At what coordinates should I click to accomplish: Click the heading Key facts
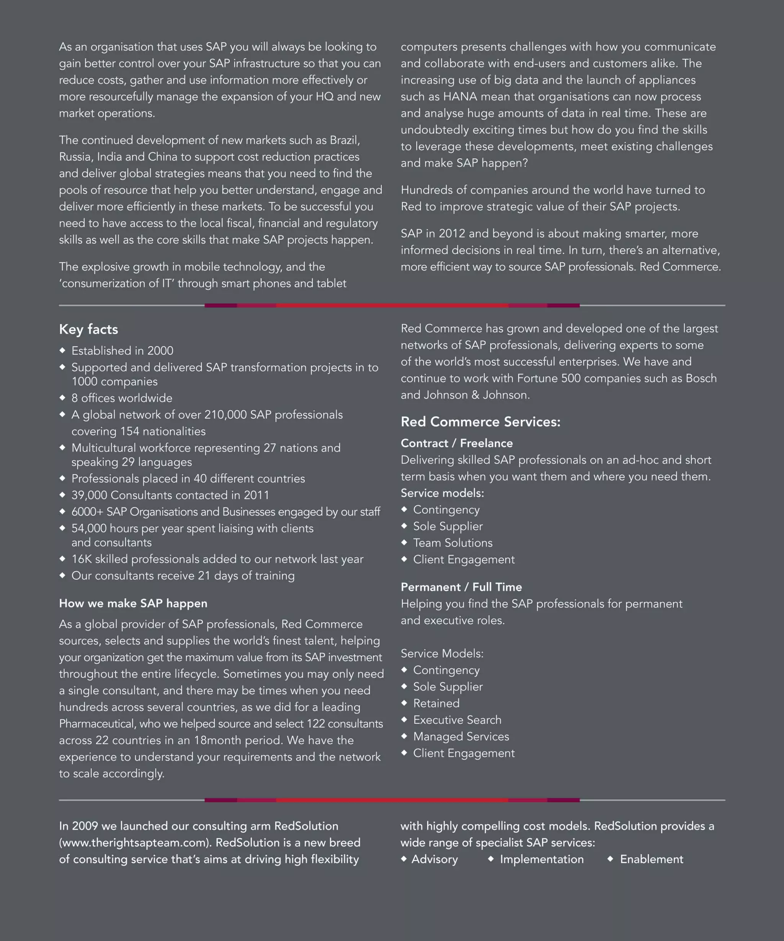88,329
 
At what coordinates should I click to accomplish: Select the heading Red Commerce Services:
480,422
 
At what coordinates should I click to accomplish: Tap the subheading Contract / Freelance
457,443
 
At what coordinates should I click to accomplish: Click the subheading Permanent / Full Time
461,587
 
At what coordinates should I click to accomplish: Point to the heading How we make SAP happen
133,603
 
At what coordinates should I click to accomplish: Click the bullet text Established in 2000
122,350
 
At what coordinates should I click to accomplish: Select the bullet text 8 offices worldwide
122,398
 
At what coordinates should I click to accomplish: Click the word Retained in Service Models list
436,703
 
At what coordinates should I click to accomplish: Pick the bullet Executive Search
457,720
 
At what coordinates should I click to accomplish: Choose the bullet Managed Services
461,736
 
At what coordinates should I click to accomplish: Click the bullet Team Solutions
452,543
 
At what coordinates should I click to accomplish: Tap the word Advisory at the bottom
434,859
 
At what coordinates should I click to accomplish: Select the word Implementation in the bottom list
542,859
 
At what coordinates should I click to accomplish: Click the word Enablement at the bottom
652,859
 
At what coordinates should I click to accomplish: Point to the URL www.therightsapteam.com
135,843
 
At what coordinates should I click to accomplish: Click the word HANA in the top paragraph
460,97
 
